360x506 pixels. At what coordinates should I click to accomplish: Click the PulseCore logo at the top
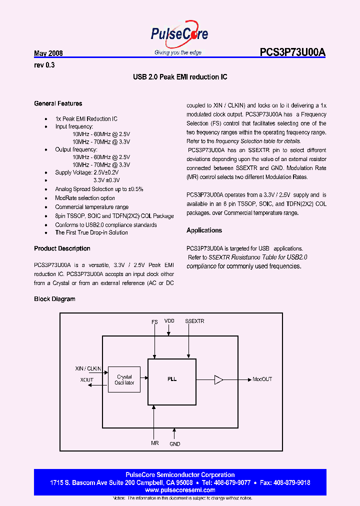tap(179, 35)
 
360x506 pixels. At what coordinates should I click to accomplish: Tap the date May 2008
tap(48, 53)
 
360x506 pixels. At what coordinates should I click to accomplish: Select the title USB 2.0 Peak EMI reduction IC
tap(180, 77)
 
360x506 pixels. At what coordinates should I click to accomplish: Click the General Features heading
tap(58, 103)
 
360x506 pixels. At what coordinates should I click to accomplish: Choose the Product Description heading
tap(62, 248)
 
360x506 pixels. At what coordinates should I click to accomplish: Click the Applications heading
tap(204, 230)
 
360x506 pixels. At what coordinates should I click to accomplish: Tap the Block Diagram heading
tap(54, 299)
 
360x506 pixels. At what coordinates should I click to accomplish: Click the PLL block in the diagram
tap(171, 379)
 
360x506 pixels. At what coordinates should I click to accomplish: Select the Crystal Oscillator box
tap(124, 380)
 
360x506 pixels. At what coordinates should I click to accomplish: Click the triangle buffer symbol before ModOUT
tap(218, 379)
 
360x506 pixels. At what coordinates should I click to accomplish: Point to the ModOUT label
tap(262, 379)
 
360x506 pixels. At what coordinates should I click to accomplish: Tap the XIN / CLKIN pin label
tap(88, 368)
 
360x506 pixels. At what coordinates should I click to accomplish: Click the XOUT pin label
tap(87, 380)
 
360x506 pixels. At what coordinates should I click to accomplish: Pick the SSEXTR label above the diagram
tap(194, 321)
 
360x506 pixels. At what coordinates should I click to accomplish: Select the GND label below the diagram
tap(174, 444)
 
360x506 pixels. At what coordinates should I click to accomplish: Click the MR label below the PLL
tap(154, 443)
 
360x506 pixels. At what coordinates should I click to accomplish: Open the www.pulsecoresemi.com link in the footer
tap(179, 490)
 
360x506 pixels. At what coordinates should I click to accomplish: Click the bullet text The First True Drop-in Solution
tap(91, 232)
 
